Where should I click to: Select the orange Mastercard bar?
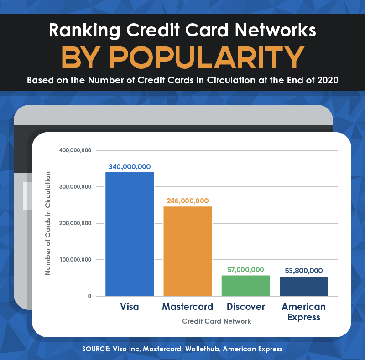tap(188, 251)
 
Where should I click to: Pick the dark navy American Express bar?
tap(303, 286)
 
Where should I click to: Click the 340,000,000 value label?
tap(130, 166)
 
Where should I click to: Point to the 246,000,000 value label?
tap(188, 201)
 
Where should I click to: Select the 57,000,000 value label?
tap(245, 270)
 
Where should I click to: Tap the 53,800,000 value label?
tap(303, 270)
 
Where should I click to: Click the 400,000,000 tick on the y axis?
tap(75, 150)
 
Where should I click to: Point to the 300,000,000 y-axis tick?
tap(75, 187)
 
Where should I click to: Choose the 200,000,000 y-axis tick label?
tap(75, 223)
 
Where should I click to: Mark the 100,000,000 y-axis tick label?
tap(75, 260)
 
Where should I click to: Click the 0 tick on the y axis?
tap(89, 296)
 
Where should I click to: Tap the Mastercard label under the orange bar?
tap(188, 307)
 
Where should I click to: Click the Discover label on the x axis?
tap(245, 307)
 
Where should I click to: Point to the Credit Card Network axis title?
tap(217, 321)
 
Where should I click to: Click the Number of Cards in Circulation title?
tap(48, 223)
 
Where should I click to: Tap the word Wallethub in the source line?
tap(198, 349)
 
